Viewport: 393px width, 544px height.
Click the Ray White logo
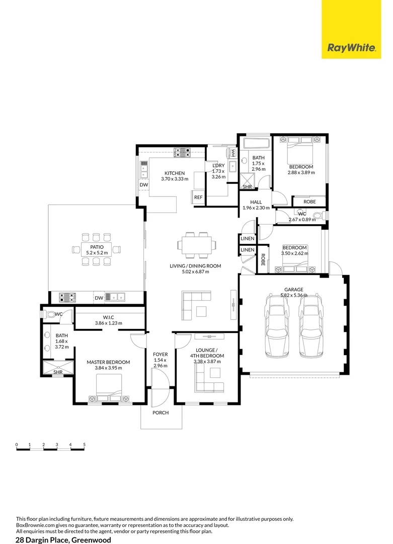click(x=351, y=48)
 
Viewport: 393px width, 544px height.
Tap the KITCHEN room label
click(x=175, y=173)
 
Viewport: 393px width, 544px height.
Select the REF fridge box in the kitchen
click(x=198, y=197)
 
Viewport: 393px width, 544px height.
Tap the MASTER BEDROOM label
click(x=108, y=362)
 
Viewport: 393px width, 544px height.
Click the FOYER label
click(x=160, y=355)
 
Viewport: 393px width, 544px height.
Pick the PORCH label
click(x=161, y=413)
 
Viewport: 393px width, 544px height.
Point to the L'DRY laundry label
click(x=218, y=166)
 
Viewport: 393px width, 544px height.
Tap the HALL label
click(x=256, y=202)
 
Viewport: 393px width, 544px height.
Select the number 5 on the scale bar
click(x=85, y=445)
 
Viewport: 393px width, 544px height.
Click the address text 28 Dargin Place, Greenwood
click(x=63, y=539)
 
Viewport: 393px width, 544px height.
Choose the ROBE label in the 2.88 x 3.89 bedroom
click(x=310, y=201)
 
